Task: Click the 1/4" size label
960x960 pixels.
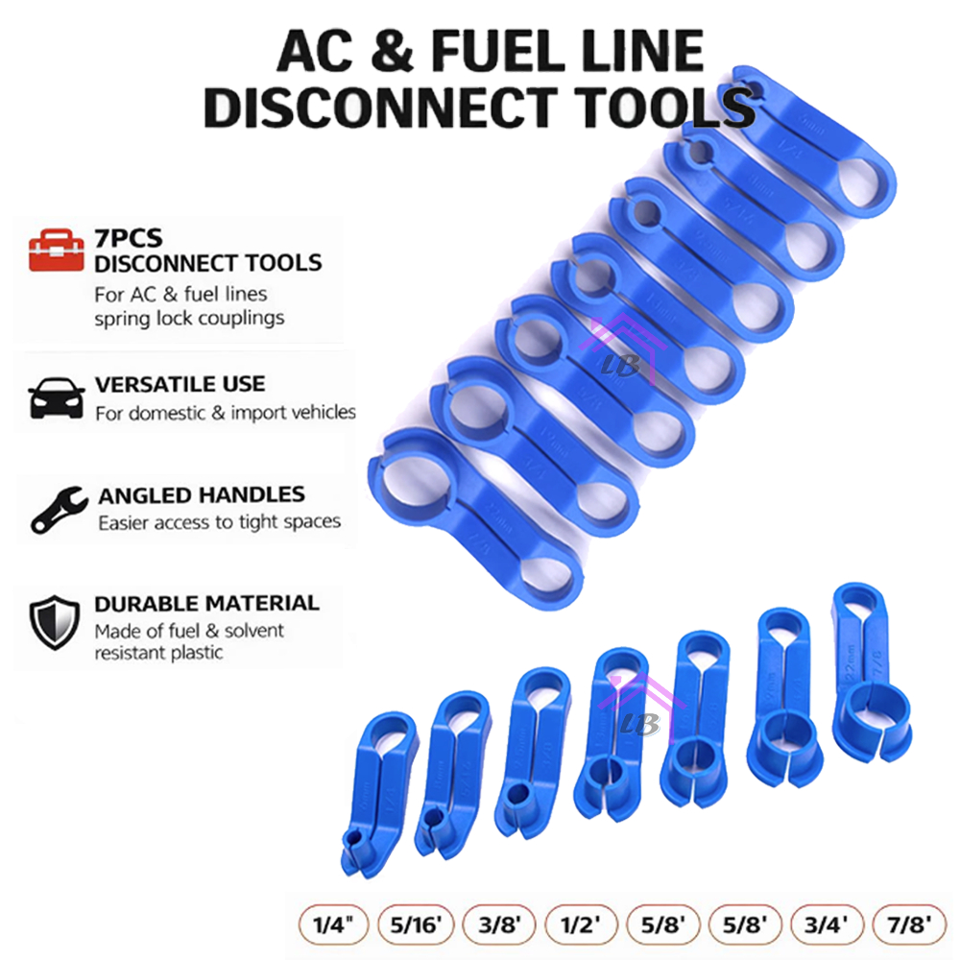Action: point(334,925)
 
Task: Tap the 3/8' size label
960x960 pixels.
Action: point(500,925)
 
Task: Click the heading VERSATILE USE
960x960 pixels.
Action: point(180,385)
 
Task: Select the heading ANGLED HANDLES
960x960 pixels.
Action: point(202,496)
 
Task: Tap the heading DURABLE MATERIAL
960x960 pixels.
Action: point(206,604)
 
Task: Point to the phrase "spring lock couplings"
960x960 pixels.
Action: point(190,318)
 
